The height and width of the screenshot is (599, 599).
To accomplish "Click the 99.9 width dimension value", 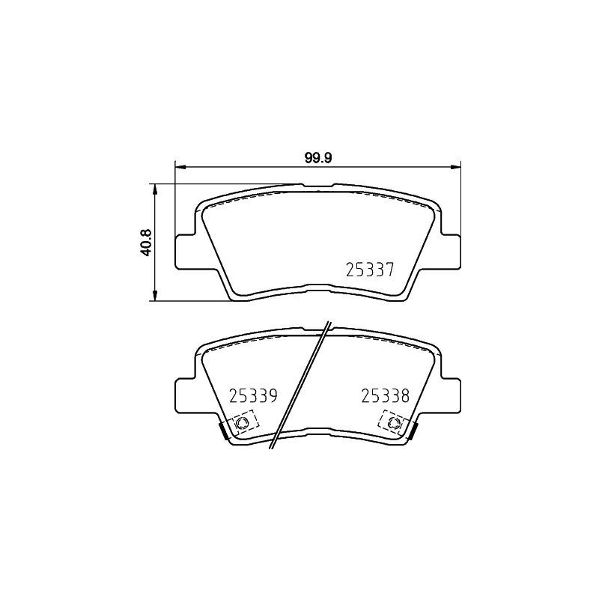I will [318, 157].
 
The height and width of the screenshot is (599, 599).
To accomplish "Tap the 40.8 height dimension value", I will [147, 243].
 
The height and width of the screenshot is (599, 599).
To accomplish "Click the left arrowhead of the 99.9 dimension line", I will [179, 166].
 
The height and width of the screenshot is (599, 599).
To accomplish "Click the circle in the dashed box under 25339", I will [242, 424].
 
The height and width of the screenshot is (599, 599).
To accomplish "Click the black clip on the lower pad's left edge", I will [222, 431].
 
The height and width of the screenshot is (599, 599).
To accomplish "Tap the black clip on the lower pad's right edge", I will [413, 431].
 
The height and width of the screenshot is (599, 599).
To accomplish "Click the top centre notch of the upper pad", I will [318, 184].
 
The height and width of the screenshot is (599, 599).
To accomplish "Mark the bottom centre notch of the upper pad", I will [318, 285].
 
